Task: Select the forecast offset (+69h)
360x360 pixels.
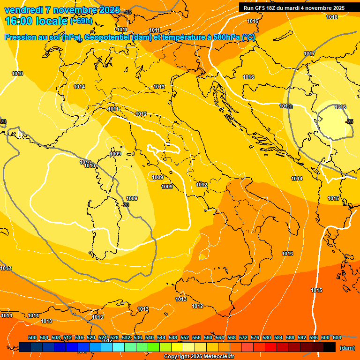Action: tap(81, 21)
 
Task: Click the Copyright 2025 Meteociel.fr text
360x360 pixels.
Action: tap(199, 357)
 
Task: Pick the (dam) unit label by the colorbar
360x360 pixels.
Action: tap(347, 348)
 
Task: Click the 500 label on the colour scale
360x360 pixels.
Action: tap(32, 337)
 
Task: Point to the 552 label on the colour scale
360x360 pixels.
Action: tap(185, 337)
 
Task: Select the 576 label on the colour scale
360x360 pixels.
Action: tap(255, 337)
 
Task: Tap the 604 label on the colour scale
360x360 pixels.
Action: tap(337, 337)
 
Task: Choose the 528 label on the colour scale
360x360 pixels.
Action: tap(114, 337)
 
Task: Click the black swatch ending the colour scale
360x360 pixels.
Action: tap(330, 347)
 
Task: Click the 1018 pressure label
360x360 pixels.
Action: tap(332, 17)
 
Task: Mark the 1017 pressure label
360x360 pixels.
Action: tap(309, 53)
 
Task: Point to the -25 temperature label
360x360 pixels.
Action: tap(349, 121)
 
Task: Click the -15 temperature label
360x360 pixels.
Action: tap(128, 12)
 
